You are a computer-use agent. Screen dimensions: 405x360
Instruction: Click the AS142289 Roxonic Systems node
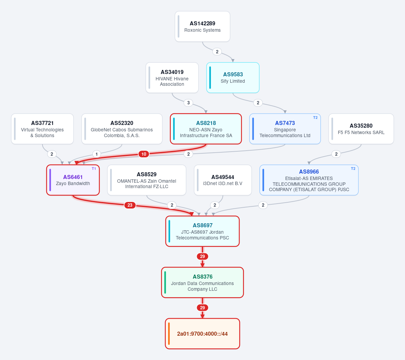[x=202, y=26]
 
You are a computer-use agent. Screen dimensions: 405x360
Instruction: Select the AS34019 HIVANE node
[x=172, y=78]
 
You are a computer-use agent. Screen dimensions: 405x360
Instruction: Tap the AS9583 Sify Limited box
[x=233, y=78]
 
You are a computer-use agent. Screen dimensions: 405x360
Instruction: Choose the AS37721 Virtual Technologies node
[x=42, y=129]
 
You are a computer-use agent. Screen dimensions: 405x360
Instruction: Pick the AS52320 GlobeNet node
[x=122, y=129]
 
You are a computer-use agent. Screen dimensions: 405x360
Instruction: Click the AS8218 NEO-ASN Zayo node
[x=206, y=129]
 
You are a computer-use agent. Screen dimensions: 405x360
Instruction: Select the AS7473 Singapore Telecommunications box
[x=285, y=129]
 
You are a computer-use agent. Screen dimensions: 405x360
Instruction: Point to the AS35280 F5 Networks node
[x=361, y=129]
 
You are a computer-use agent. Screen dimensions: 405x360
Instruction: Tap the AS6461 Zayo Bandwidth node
[x=73, y=180]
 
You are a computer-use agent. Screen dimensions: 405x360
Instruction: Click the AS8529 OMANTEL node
[x=146, y=180]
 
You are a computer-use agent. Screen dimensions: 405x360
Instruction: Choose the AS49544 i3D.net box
[x=223, y=180]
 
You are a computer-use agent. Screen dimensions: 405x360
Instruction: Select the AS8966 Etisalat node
[x=309, y=180]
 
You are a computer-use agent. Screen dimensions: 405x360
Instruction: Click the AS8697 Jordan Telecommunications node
[x=202, y=231]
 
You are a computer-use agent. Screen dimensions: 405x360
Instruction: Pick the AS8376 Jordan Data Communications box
[x=202, y=282]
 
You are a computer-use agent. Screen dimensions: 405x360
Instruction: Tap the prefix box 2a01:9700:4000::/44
[x=202, y=334]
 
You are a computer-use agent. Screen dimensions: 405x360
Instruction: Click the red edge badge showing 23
[x=130, y=205]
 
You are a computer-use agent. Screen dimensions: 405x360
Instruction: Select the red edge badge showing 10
[x=144, y=154]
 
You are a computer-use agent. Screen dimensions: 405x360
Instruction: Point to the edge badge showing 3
[x=188, y=103]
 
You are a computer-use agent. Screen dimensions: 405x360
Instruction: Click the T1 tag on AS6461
[x=94, y=169]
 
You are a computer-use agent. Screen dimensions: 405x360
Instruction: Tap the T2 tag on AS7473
[x=315, y=118]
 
